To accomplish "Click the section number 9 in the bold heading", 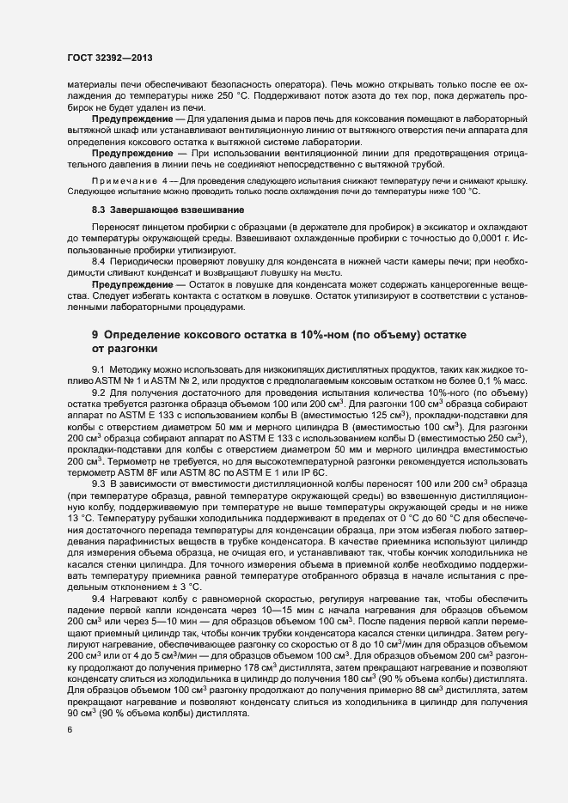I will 95,332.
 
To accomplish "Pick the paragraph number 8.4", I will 100,260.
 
